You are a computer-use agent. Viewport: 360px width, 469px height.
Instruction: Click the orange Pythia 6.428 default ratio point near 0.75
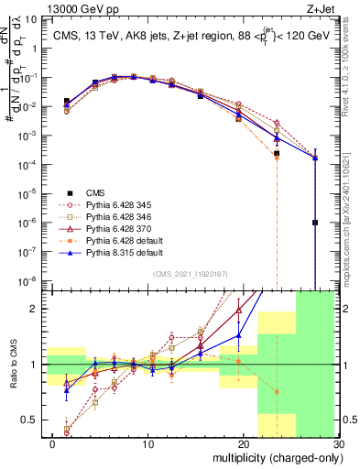[277, 391]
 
